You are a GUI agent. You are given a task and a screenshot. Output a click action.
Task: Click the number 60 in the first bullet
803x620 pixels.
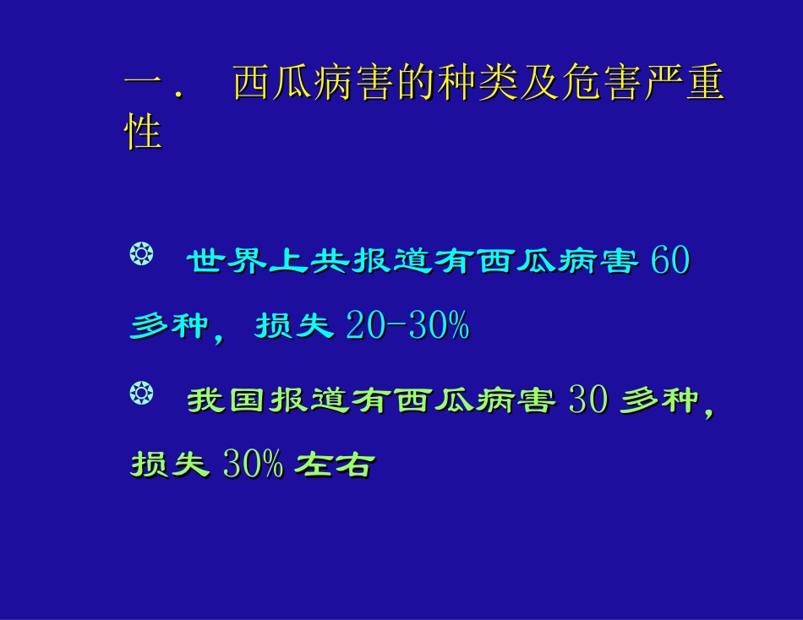pyautogui.click(x=671, y=262)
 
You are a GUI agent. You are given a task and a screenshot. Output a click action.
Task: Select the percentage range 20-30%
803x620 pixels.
pyautogui.click(x=407, y=326)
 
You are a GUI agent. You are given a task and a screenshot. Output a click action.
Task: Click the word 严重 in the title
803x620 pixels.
pyautogui.click(x=684, y=86)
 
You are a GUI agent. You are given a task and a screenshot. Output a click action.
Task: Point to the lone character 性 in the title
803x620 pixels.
pyautogui.click(x=143, y=133)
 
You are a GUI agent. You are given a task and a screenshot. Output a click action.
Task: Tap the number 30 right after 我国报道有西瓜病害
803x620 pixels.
pyautogui.click(x=588, y=400)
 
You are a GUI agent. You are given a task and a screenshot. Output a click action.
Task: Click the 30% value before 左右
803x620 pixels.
pyautogui.click(x=253, y=465)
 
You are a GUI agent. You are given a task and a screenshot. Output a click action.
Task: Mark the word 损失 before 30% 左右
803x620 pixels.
pyautogui.click(x=170, y=465)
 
